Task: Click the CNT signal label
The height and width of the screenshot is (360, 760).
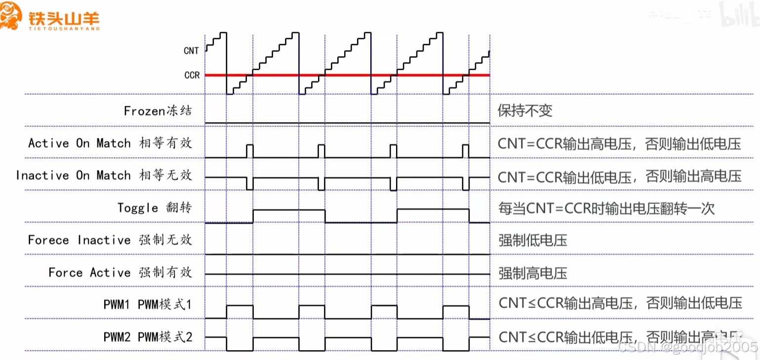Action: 191,51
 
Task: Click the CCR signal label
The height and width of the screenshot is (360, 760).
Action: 192,75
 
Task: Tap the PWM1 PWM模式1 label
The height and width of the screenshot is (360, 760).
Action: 147,304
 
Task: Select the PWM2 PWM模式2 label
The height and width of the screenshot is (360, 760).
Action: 147,337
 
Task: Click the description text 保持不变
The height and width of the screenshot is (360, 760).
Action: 524,110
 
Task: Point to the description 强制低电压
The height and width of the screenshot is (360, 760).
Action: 532,240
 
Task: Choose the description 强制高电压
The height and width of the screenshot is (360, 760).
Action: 532,273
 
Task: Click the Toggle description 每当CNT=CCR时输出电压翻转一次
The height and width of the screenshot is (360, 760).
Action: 606,208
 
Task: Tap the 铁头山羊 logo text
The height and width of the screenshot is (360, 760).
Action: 64,19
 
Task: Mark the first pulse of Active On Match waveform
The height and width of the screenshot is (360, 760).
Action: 249,150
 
